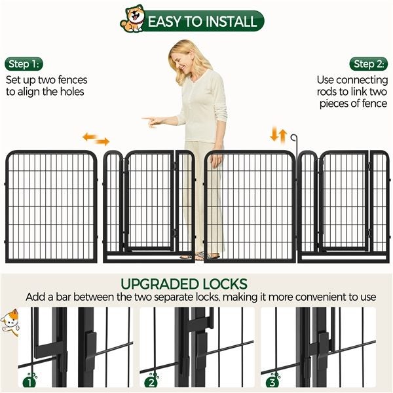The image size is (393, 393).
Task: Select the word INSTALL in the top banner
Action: coord(224,21)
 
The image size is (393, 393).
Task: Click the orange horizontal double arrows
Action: coord(96,139)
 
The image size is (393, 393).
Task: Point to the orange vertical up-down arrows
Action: coord(279,136)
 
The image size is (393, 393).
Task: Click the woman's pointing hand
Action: coord(150,121)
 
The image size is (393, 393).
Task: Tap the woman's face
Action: coord(181,61)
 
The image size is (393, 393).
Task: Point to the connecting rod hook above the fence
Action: coord(296,140)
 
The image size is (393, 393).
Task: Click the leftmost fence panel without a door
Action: coord(51,206)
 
